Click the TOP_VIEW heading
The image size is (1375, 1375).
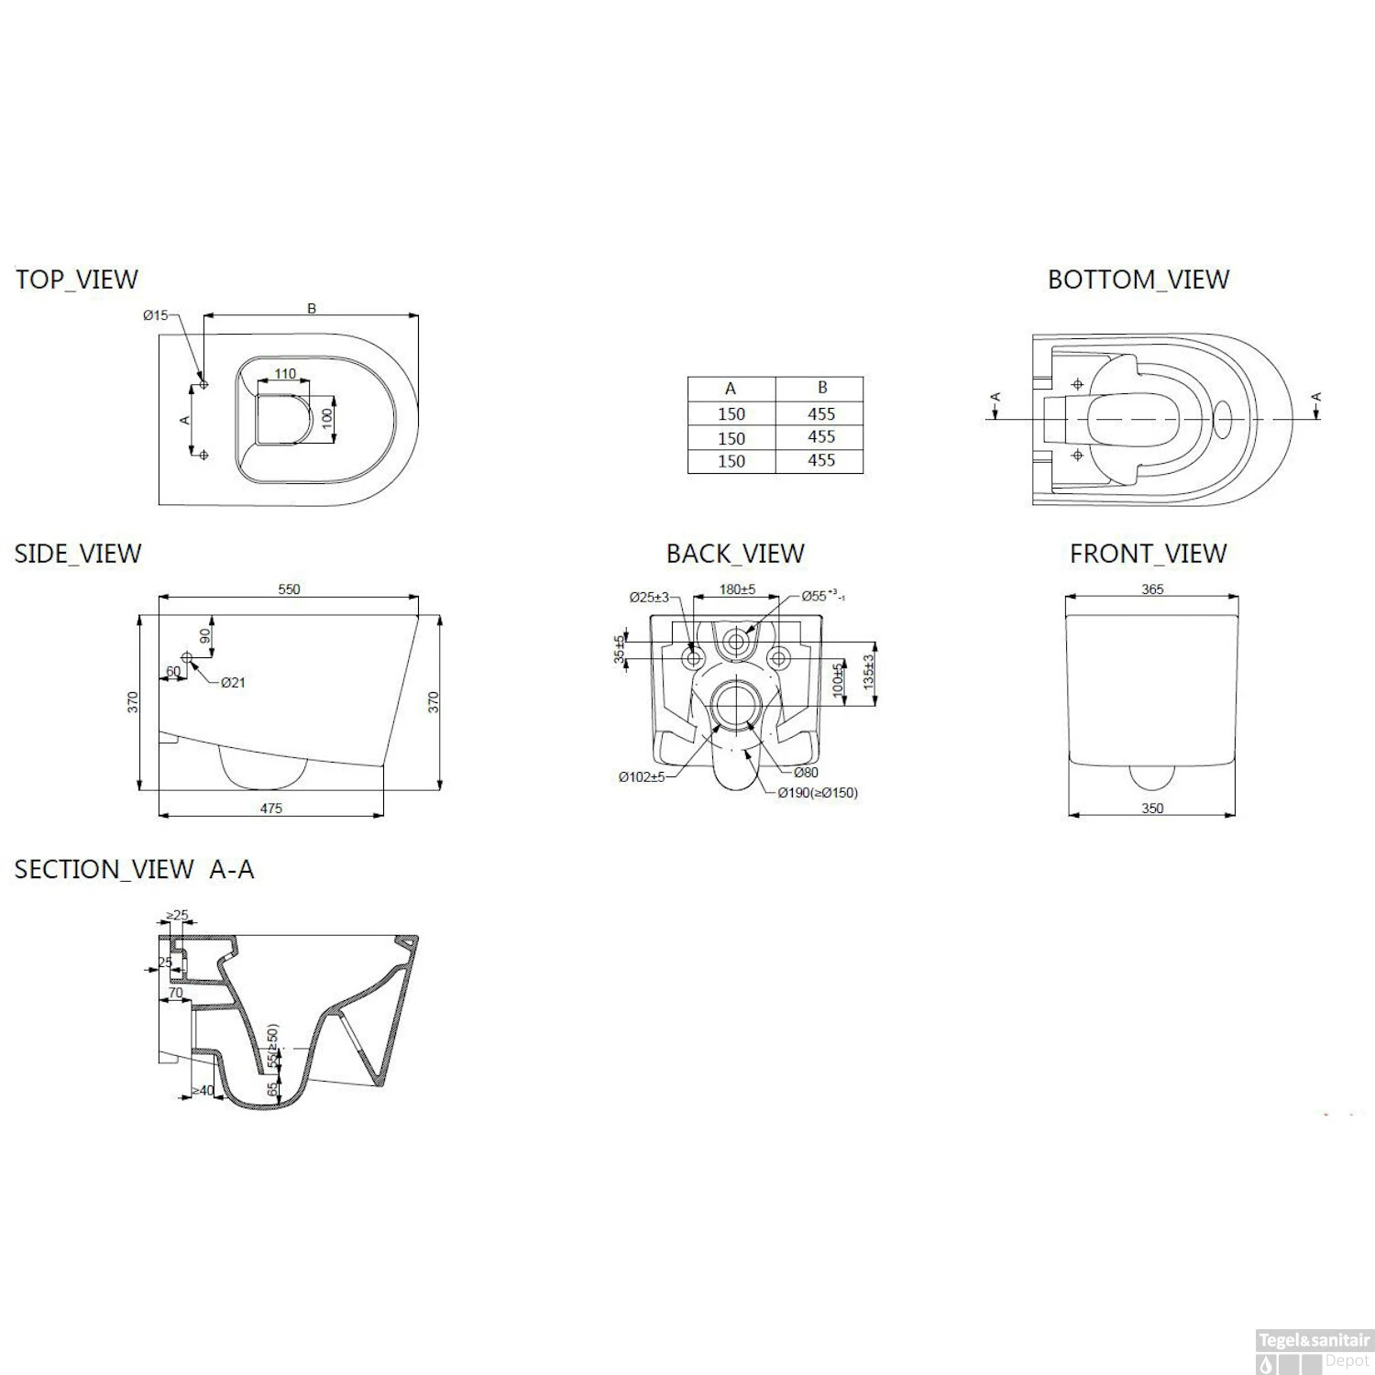point(77,280)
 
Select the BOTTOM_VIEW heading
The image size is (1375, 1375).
point(1138,280)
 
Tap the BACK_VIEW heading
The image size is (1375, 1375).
point(735,554)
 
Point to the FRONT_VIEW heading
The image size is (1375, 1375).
point(1148,554)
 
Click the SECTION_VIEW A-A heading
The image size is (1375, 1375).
point(134,869)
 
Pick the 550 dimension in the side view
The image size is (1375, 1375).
point(289,589)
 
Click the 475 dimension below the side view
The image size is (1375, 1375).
point(271,808)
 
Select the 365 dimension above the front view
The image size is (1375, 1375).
point(1152,589)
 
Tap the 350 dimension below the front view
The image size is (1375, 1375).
point(1152,808)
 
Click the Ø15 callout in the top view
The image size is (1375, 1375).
point(155,315)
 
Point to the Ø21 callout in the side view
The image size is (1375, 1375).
point(233,682)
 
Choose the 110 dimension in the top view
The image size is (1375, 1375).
point(285,374)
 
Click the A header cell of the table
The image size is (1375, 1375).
point(731,389)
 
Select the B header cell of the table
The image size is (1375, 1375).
point(821,388)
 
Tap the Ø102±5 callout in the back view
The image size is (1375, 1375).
point(641,777)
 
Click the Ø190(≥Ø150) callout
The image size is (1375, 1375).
point(818,793)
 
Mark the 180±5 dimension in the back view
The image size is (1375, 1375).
point(737,589)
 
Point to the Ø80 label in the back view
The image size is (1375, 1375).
point(806,773)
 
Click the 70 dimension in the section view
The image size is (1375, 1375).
point(175,993)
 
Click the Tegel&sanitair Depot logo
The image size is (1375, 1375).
point(1313,1350)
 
